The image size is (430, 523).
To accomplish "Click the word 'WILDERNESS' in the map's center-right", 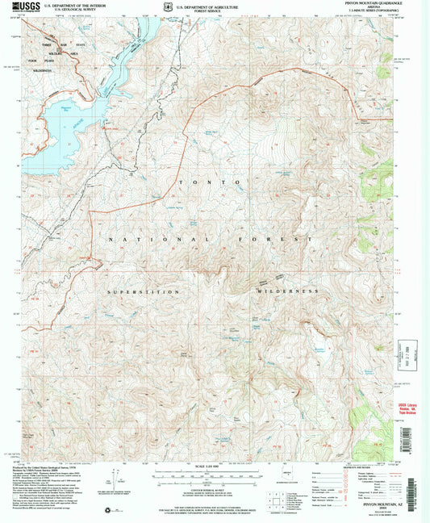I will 285,291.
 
